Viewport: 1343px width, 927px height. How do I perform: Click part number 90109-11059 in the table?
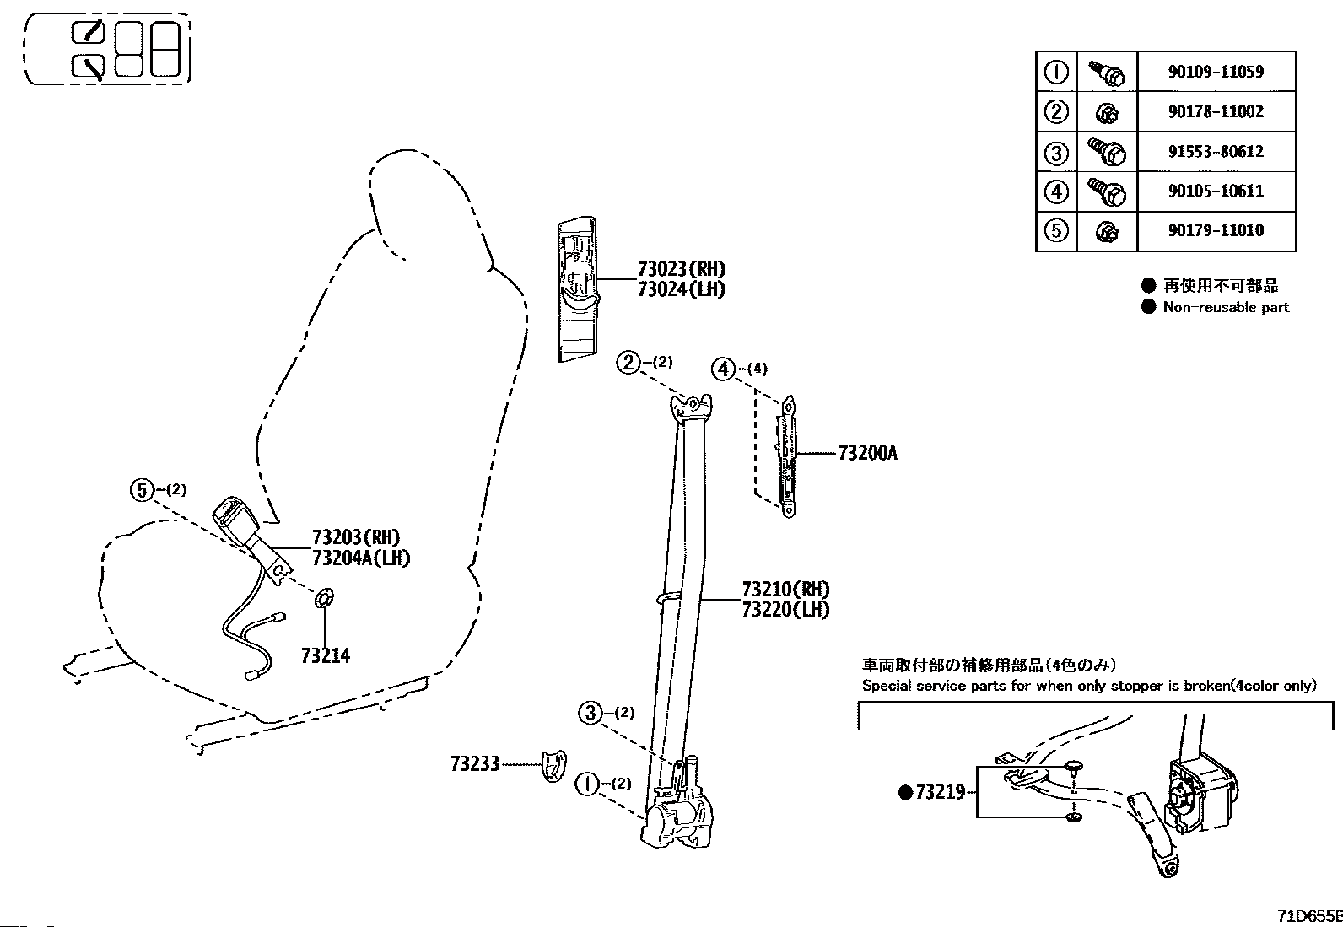point(1216,72)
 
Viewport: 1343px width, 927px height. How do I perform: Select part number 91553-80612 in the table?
point(1216,151)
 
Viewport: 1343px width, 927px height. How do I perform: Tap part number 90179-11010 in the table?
point(1216,230)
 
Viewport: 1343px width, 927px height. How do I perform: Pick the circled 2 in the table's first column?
point(1056,111)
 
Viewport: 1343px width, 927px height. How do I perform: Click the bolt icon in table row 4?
point(1107,191)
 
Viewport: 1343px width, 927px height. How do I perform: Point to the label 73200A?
point(867,453)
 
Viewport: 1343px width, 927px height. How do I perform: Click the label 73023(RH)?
point(681,269)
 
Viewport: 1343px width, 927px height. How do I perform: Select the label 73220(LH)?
point(785,610)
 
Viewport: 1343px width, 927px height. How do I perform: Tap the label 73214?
point(326,656)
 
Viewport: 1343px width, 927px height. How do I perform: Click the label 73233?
point(475,764)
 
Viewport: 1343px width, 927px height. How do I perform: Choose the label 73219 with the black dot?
point(932,792)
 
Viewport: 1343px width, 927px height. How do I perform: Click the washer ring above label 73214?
point(324,598)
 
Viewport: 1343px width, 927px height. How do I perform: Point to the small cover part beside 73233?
point(553,766)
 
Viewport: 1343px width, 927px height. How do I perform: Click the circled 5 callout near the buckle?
point(142,490)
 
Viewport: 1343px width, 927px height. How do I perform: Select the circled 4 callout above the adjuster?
point(723,369)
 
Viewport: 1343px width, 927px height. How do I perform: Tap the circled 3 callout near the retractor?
point(590,713)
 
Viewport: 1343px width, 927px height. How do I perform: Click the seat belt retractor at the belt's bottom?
point(677,817)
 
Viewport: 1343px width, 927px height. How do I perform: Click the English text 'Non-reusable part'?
point(1226,307)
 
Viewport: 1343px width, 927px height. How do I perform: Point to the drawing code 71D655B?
point(1310,917)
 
